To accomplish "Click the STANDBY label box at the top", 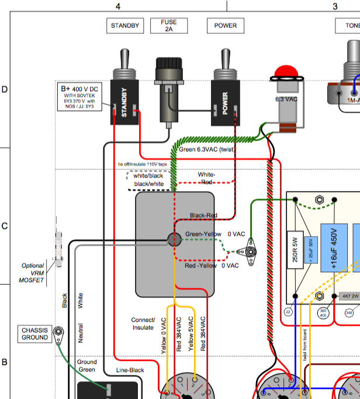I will pos(124,26).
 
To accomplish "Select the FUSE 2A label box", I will pos(168,26).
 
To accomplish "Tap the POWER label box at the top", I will pos(225,26).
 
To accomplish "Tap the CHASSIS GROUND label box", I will pos(35,333).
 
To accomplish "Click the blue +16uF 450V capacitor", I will pos(333,246).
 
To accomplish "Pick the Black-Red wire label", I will pos(203,216).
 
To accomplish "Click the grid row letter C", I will pos(5,227).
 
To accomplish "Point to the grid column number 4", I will pos(118,6).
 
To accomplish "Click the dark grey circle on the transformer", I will pos(174,239).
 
